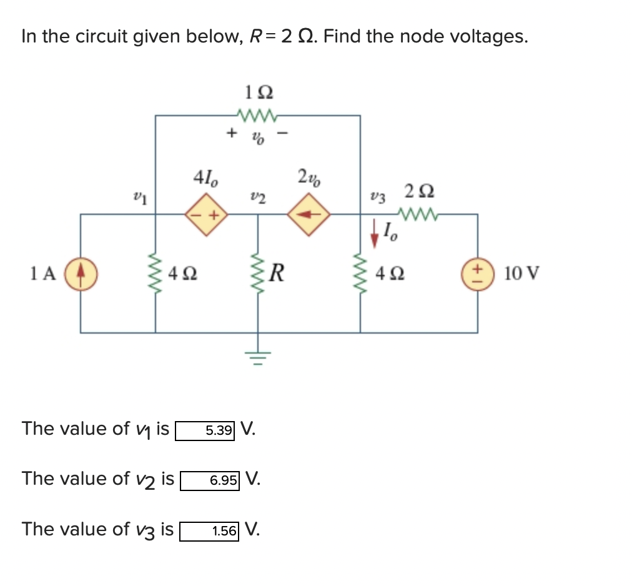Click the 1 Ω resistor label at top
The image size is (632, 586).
click(258, 92)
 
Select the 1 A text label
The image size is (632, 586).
click(43, 274)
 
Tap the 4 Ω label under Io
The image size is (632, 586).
click(390, 274)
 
